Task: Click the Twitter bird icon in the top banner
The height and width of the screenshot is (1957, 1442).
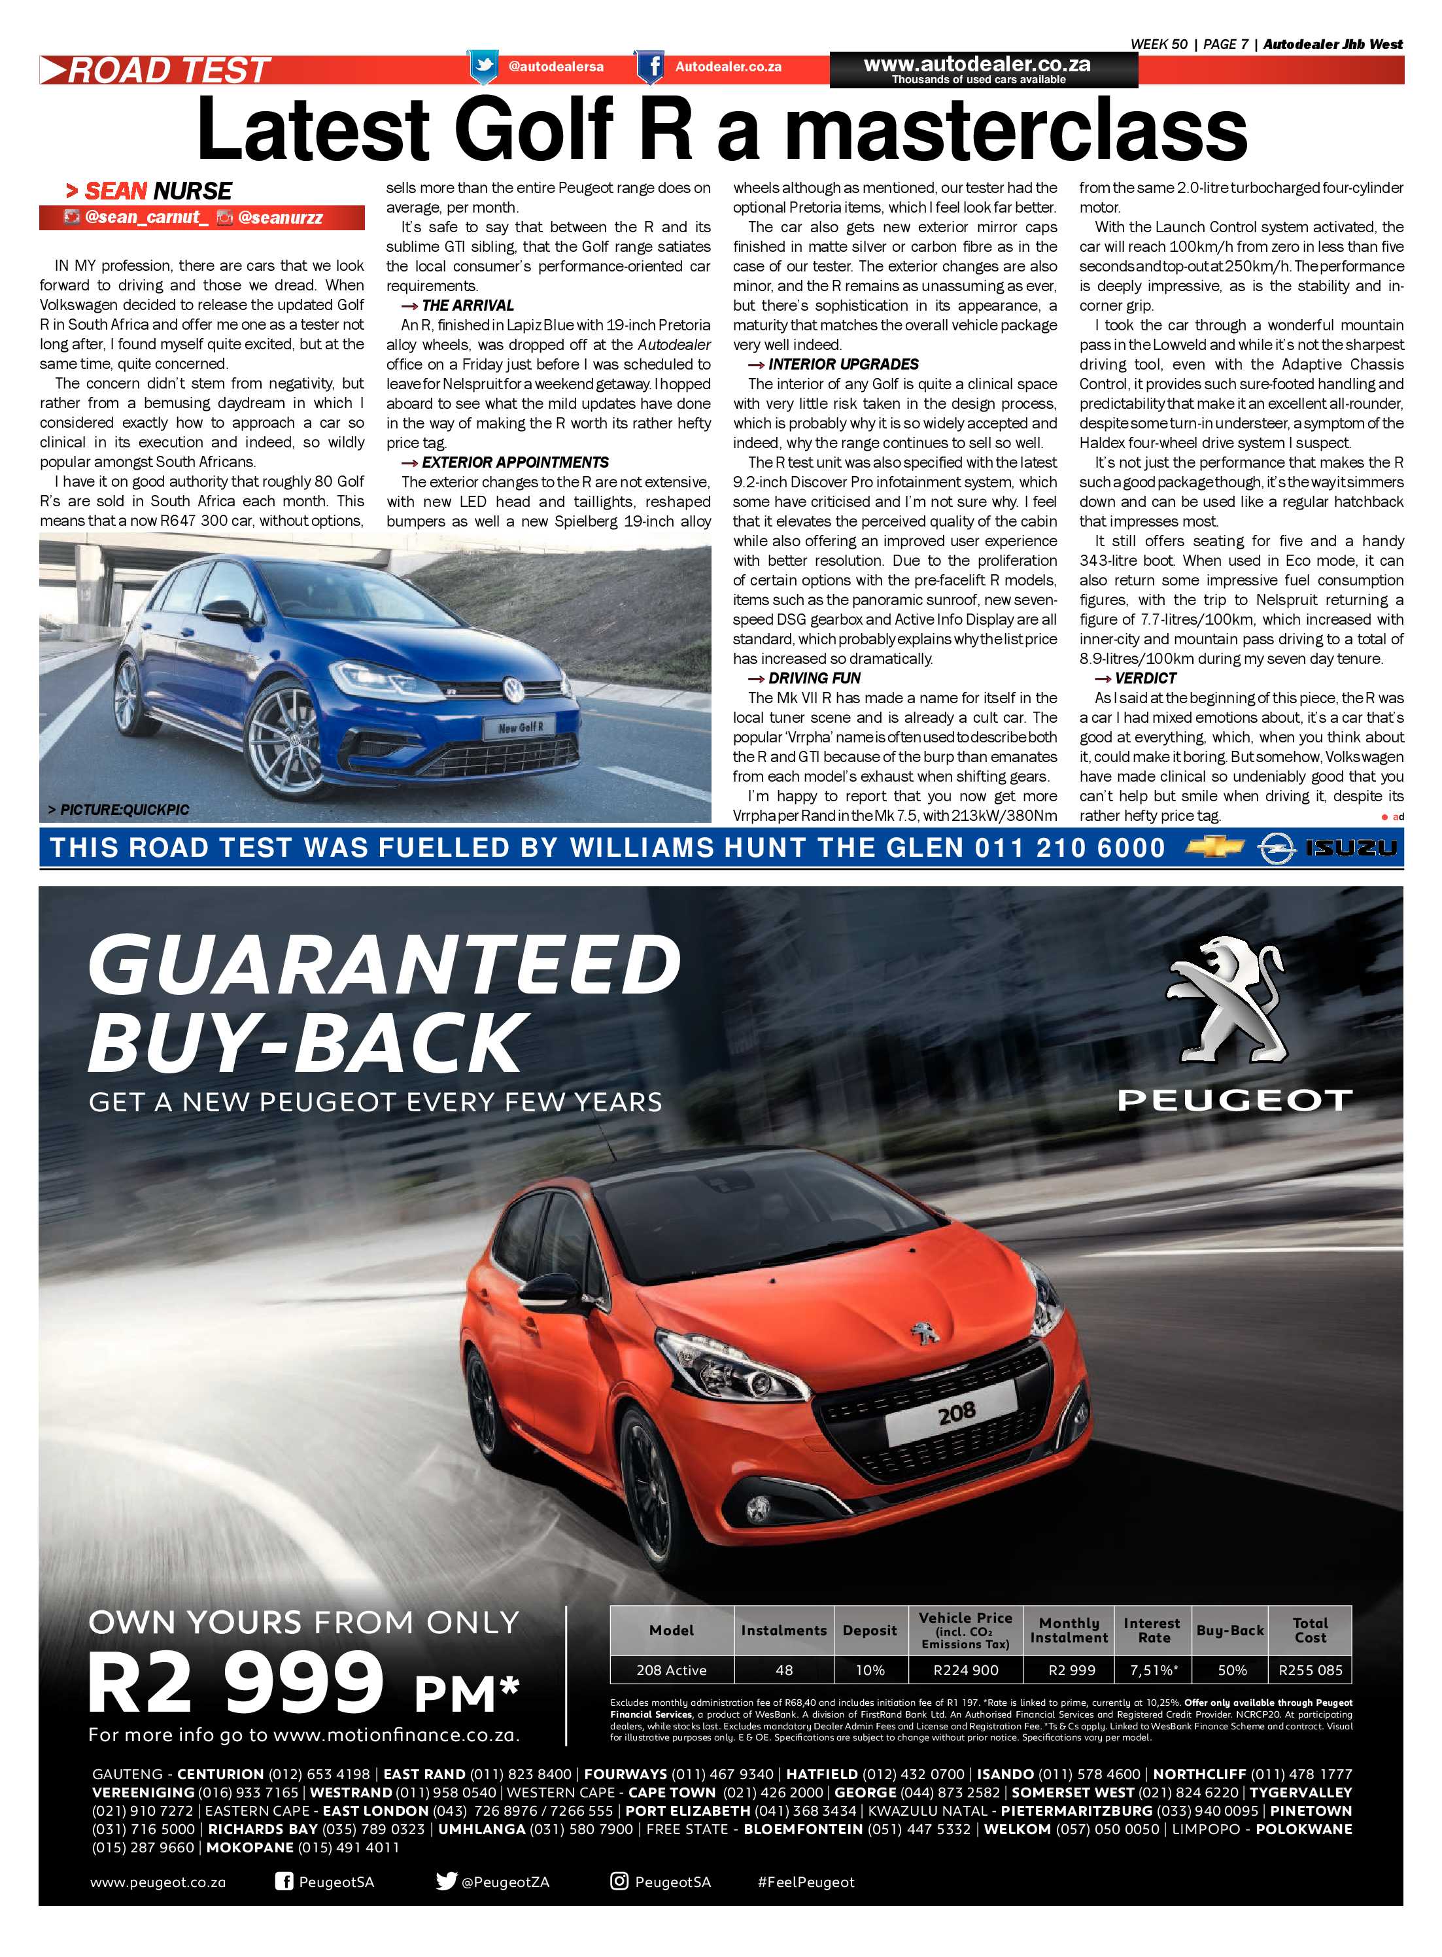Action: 483,66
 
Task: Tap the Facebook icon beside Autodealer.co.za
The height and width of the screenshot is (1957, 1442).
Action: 649,66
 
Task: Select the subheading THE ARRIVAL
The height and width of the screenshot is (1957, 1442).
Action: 467,305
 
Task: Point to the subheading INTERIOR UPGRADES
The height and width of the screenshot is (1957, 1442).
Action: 843,364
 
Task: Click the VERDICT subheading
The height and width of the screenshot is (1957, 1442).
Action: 1145,678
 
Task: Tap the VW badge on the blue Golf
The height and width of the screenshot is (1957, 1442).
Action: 513,689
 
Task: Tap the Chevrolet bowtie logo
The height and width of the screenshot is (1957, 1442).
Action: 1216,846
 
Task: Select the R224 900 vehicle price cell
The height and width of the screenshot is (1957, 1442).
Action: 965,1670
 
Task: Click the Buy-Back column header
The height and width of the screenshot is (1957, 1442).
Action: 1230,1630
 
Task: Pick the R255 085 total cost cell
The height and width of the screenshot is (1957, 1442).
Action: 1309,1670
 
